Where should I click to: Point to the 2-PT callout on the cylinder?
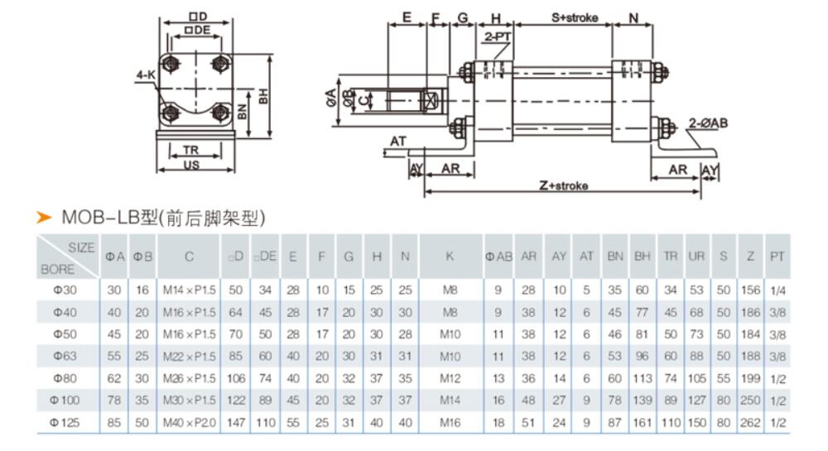(497, 37)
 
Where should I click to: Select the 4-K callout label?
(146, 74)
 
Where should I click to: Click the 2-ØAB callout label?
(708, 122)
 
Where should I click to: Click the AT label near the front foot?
(398, 142)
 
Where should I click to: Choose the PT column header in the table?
(776, 257)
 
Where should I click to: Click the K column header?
(449, 257)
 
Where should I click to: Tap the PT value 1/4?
(776, 290)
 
